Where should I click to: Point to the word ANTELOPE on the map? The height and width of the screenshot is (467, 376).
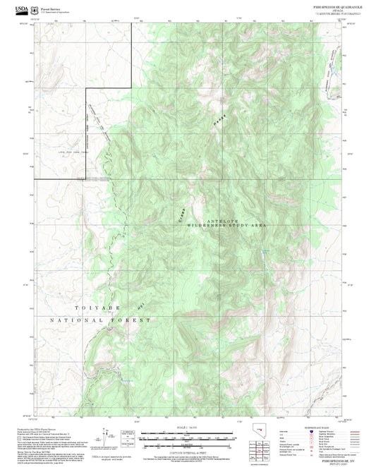[220, 221]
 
